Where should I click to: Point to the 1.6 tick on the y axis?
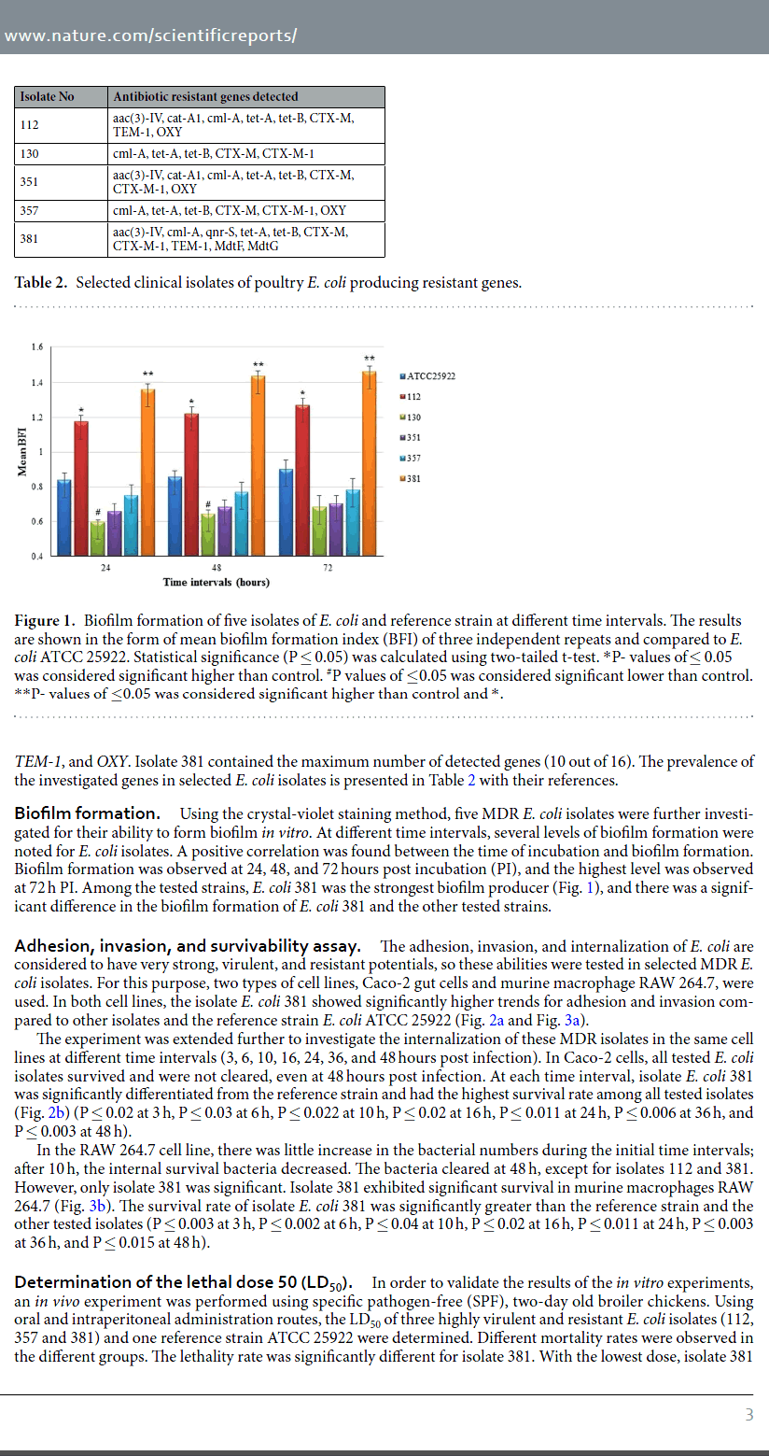coord(37,347)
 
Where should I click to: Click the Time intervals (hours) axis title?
coord(216,583)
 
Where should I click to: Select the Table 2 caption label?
coord(41,283)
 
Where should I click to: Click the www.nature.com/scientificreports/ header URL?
coord(150,36)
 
